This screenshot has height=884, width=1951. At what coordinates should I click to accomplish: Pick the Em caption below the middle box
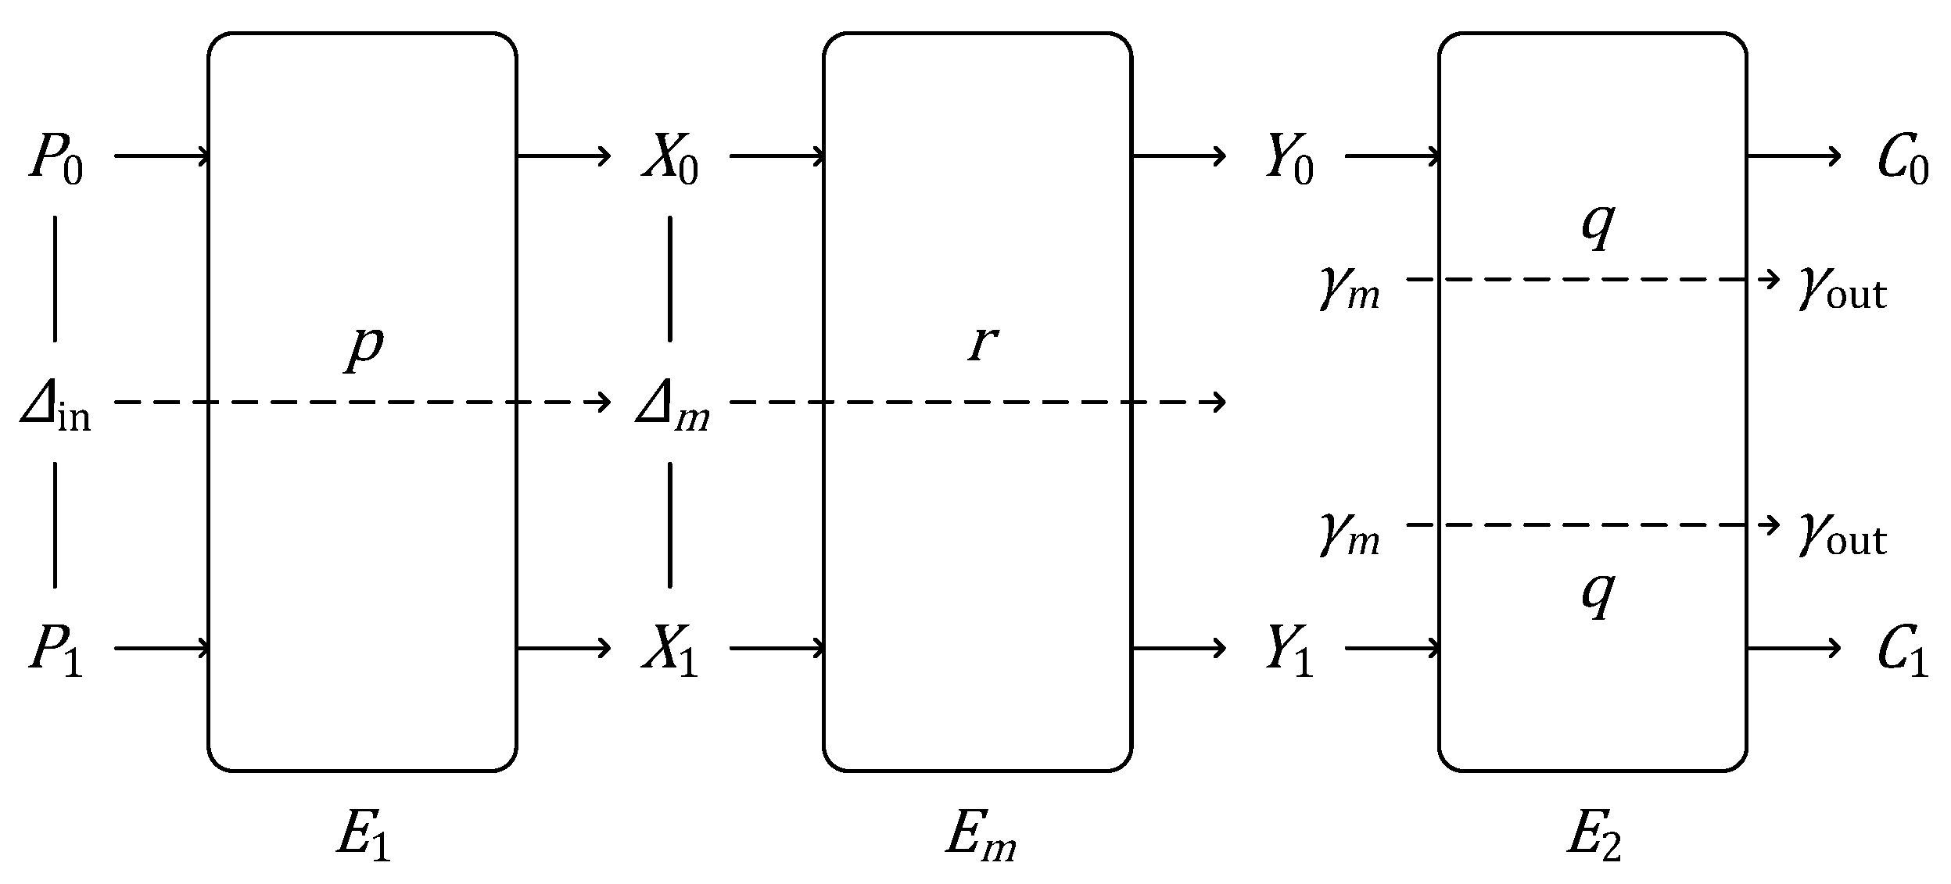(981, 837)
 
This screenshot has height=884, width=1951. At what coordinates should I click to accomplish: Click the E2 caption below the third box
(1594, 837)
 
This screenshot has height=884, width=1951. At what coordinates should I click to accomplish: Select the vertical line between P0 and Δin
(55, 279)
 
